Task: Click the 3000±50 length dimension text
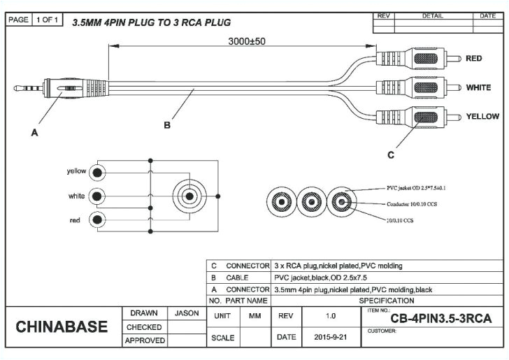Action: (x=247, y=41)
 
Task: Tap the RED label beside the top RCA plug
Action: (x=473, y=59)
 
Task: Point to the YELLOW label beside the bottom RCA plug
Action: (x=482, y=116)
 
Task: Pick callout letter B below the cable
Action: (x=167, y=126)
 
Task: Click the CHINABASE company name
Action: (x=62, y=327)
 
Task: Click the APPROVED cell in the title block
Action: (x=145, y=340)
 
